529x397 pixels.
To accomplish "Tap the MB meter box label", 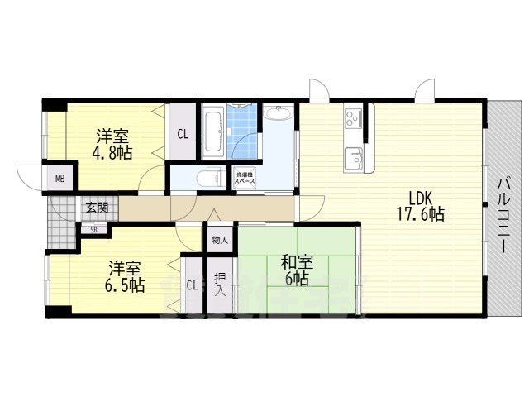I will [x=61, y=179].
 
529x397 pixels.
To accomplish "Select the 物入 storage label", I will [x=219, y=240].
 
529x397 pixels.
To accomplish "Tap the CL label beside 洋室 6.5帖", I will [x=192, y=286].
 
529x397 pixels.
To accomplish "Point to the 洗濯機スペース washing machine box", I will [x=245, y=177].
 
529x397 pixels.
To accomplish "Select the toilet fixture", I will [x=206, y=178].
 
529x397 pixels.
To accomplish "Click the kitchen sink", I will [x=354, y=157].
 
